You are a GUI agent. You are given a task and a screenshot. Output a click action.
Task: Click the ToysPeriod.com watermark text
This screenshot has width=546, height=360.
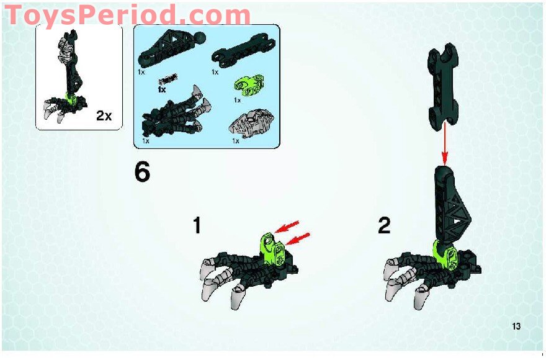coord(127,15)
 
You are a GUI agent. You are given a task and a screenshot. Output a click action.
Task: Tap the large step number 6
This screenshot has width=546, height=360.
coord(142,173)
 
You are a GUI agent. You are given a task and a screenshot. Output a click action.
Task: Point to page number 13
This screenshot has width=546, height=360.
coord(516,326)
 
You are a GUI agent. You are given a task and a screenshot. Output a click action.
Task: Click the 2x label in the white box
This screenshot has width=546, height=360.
coord(104,115)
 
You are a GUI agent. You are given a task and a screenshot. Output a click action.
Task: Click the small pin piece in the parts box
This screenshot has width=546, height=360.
coord(168,79)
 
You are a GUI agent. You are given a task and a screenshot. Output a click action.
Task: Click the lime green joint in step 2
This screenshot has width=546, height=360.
coord(447,254)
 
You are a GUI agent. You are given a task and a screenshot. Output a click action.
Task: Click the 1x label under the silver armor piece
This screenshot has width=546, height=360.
coord(236,142)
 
